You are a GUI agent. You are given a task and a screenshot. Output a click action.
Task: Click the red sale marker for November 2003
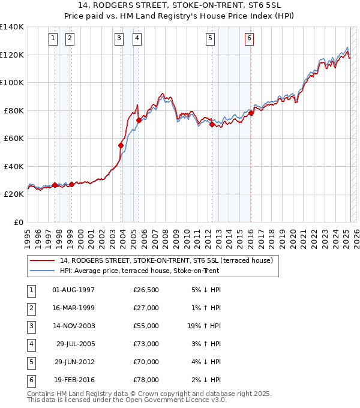[121, 145]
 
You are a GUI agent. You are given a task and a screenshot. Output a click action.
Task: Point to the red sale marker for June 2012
[212, 125]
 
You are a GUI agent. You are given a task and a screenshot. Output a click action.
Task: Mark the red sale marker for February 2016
[251, 113]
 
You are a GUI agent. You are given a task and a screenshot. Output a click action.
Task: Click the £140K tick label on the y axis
[12, 27]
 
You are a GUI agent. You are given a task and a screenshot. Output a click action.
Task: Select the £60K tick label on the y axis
[14, 138]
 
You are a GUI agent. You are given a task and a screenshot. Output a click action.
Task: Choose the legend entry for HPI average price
[139, 271]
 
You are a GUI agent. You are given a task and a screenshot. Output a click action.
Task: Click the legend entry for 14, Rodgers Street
[166, 260]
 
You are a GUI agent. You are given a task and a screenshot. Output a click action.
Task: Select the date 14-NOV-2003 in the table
[74, 326]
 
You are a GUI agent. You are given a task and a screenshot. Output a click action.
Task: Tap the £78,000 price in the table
[146, 380]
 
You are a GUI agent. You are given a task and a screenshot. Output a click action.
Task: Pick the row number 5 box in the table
[30, 362]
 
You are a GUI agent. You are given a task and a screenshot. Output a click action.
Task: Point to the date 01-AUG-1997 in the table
[74, 290]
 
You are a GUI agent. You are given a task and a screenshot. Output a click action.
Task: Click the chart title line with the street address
[180, 6]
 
